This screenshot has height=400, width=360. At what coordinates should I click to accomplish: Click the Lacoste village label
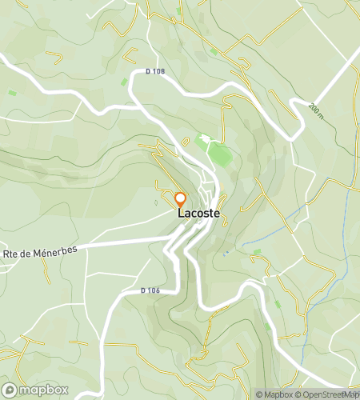tap(198, 214)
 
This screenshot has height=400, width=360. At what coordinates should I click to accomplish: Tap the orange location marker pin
tap(181, 199)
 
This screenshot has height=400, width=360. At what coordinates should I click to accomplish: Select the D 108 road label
tap(155, 72)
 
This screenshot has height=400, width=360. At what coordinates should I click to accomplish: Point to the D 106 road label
tap(150, 290)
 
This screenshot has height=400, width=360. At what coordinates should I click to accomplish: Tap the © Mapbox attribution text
tap(275, 394)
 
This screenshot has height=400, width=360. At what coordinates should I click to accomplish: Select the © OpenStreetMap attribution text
tap(327, 394)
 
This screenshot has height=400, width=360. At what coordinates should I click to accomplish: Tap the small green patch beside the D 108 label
tap(123, 82)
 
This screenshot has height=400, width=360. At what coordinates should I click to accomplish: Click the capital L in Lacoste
tap(181, 214)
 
